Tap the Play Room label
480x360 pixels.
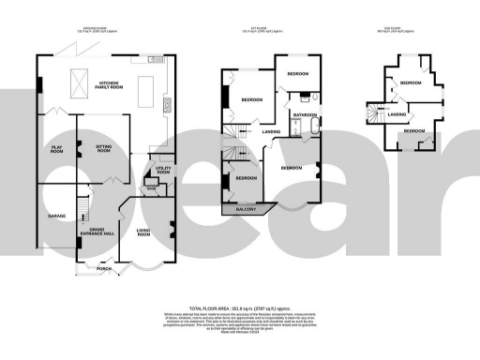coord(57,148)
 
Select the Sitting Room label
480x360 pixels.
coord(103,148)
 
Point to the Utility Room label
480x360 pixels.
coord(163,172)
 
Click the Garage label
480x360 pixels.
coord(57,217)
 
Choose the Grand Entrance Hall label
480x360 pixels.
coord(103,231)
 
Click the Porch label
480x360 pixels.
coord(103,269)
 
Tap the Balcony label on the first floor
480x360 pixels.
coord(246,210)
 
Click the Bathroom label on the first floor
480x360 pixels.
coord(305,115)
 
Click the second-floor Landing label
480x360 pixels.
coord(397,114)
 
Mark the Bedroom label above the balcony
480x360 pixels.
coord(247,177)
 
